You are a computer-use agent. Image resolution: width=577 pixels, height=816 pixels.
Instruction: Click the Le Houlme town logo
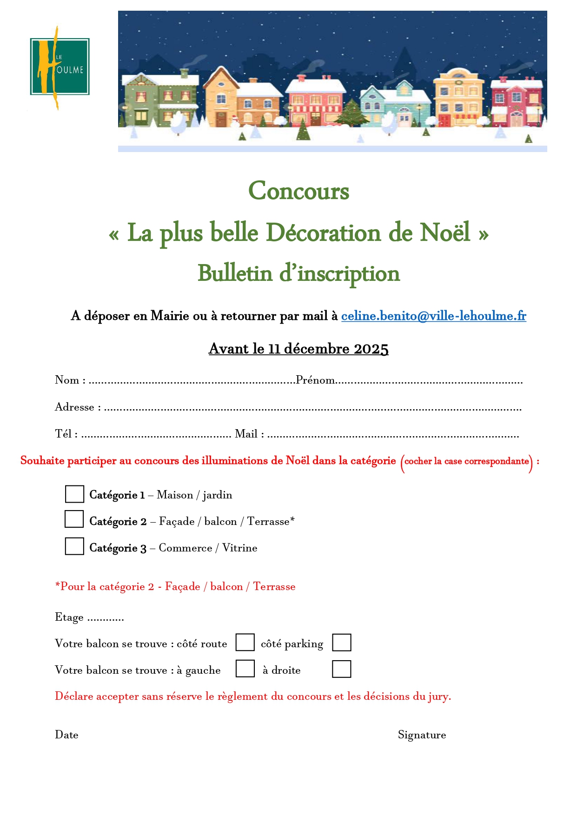point(60,67)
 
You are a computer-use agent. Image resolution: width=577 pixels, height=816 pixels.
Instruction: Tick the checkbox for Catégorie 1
point(74,494)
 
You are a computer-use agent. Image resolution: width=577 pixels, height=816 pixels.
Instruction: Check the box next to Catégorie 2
point(74,519)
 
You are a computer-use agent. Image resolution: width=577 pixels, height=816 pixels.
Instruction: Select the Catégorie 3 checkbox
point(74,546)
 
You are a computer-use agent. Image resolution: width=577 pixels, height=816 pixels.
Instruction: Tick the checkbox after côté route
point(245,643)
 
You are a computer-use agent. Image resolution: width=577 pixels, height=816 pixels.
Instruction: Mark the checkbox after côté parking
point(341,643)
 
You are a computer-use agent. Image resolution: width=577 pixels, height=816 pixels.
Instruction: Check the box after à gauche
point(245,669)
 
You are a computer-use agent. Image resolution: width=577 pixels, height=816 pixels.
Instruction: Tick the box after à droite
point(341,669)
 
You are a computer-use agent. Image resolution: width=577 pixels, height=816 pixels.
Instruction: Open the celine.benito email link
point(433,316)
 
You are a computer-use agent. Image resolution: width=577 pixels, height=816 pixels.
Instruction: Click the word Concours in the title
point(298,191)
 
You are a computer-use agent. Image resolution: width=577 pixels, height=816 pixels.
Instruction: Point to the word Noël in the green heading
point(445,232)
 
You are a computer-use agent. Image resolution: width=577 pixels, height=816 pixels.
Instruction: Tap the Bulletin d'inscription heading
point(298,273)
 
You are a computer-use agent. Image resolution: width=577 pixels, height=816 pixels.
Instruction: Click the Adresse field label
point(74,407)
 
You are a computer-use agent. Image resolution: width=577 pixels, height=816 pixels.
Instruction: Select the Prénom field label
point(315,380)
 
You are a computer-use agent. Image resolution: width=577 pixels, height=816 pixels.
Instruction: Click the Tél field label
point(64,434)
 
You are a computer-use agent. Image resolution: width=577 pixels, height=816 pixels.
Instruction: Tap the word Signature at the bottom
point(422,735)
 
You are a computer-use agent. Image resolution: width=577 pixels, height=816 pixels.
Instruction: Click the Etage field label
point(69,617)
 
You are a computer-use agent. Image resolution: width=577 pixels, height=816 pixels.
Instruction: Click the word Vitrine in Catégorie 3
point(239,548)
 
